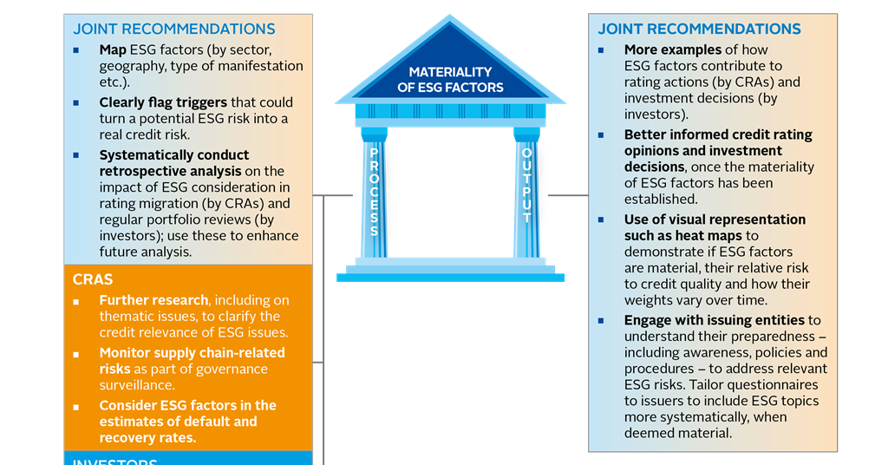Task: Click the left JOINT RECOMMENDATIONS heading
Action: (x=173, y=29)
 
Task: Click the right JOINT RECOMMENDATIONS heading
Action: (x=699, y=29)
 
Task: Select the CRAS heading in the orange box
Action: (x=95, y=279)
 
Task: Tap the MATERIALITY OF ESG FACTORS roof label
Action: (x=450, y=80)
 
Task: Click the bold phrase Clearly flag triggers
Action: (x=163, y=102)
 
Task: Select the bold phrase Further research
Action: (x=153, y=300)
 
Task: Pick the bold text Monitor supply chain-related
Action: (x=192, y=353)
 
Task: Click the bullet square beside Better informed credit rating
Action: (x=602, y=135)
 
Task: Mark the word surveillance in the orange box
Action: (x=136, y=385)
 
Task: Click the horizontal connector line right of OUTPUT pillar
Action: (x=568, y=195)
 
